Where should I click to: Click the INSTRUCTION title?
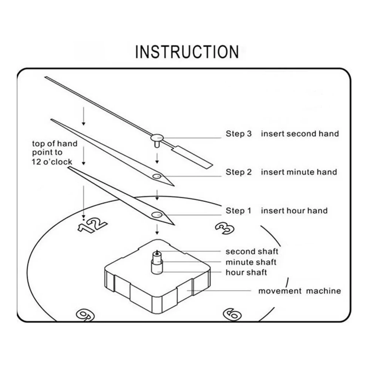(x=187, y=52)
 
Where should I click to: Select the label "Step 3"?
(x=239, y=134)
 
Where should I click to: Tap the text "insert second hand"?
(x=300, y=134)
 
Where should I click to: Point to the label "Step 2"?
(x=239, y=172)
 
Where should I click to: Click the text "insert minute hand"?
(x=299, y=172)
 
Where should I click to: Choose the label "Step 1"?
(x=239, y=211)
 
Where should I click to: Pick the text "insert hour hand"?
(x=294, y=211)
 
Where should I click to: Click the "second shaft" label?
(x=252, y=252)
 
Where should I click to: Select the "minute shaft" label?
(x=251, y=262)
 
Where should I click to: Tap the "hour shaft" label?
(x=246, y=272)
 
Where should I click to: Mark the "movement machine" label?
(x=299, y=291)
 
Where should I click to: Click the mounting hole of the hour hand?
(x=157, y=215)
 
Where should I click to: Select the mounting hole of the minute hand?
(x=157, y=176)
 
